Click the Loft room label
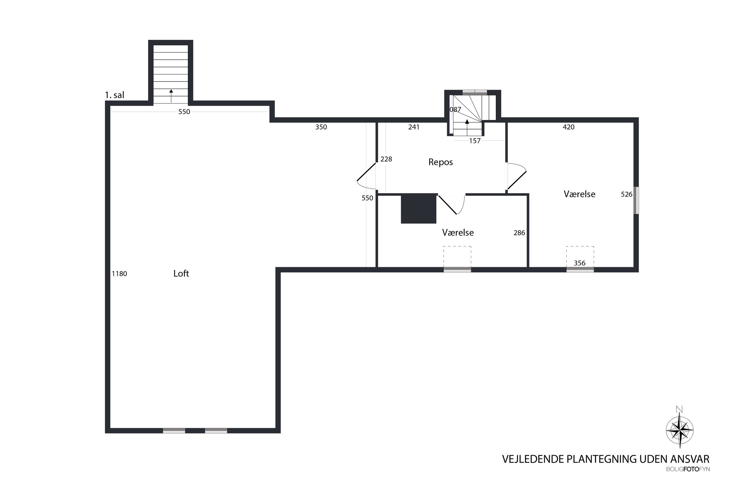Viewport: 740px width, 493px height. pyautogui.click(x=181, y=273)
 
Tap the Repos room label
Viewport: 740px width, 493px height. pyautogui.click(x=440, y=162)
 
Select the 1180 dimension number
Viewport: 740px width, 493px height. pyautogui.click(x=119, y=274)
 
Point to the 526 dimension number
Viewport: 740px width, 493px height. pyautogui.click(x=626, y=194)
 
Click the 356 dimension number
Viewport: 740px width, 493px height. pyautogui.click(x=579, y=263)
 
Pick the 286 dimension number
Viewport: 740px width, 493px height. pyautogui.click(x=519, y=233)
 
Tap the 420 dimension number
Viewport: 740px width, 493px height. pyautogui.click(x=568, y=127)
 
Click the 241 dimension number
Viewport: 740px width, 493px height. pyautogui.click(x=414, y=127)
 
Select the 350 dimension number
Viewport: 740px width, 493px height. pyautogui.click(x=321, y=127)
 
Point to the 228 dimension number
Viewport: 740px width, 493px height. pyautogui.click(x=386, y=159)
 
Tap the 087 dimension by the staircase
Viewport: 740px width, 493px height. pyautogui.click(x=455, y=110)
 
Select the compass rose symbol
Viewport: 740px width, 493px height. pyautogui.click(x=679, y=430)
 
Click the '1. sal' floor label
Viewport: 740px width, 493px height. pyautogui.click(x=114, y=95)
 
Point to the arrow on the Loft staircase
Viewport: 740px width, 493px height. pyautogui.click(x=171, y=96)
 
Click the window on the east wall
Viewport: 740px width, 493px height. pyautogui.click(x=636, y=200)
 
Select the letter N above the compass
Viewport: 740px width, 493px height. pyautogui.click(x=679, y=409)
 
